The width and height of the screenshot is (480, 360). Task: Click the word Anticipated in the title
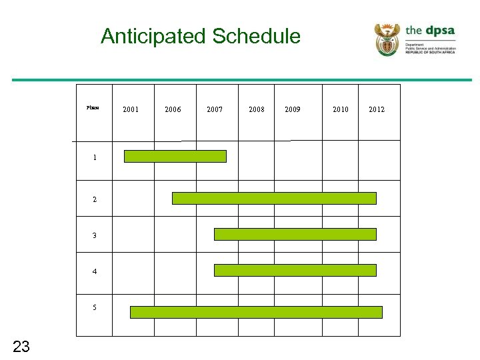pyautogui.click(x=154, y=36)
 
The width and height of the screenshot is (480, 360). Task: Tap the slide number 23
pyautogui.click(x=21, y=345)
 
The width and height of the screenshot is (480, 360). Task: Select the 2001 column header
pyautogui.click(x=131, y=109)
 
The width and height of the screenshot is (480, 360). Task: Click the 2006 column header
pyautogui.click(x=173, y=109)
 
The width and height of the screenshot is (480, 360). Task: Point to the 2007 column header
pyautogui.click(x=215, y=109)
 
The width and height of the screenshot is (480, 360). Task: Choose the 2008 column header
pyautogui.click(x=256, y=109)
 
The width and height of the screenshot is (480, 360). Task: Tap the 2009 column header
pyautogui.click(x=292, y=109)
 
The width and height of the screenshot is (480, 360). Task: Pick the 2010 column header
pyautogui.click(x=340, y=109)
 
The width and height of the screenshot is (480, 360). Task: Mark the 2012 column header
pyautogui.click(x=377, y=109)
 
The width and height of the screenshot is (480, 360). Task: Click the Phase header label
pyautogui.click(x=93, y=107)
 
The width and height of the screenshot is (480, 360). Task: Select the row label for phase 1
pyautogui.click(x=95, y=158)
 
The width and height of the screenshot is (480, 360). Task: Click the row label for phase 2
pyautogui.click(x=95, y=199)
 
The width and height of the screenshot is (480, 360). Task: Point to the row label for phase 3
pyautogui.click(x=95, y=235)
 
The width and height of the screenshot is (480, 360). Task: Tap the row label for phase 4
pyautogui.click(x=95, y=271)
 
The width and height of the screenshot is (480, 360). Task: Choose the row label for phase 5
pyautogui.click(x=95, y=307)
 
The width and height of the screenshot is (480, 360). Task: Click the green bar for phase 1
pyautogui.click(x=175, y=156)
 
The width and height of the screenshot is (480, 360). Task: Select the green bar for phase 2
pyautogui.click(x=274, y=198)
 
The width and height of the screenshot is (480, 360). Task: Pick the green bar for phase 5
pyautogui.click(x=256, y=312)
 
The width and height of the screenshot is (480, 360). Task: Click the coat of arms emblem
pyautogui.click(x=387, y=40)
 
